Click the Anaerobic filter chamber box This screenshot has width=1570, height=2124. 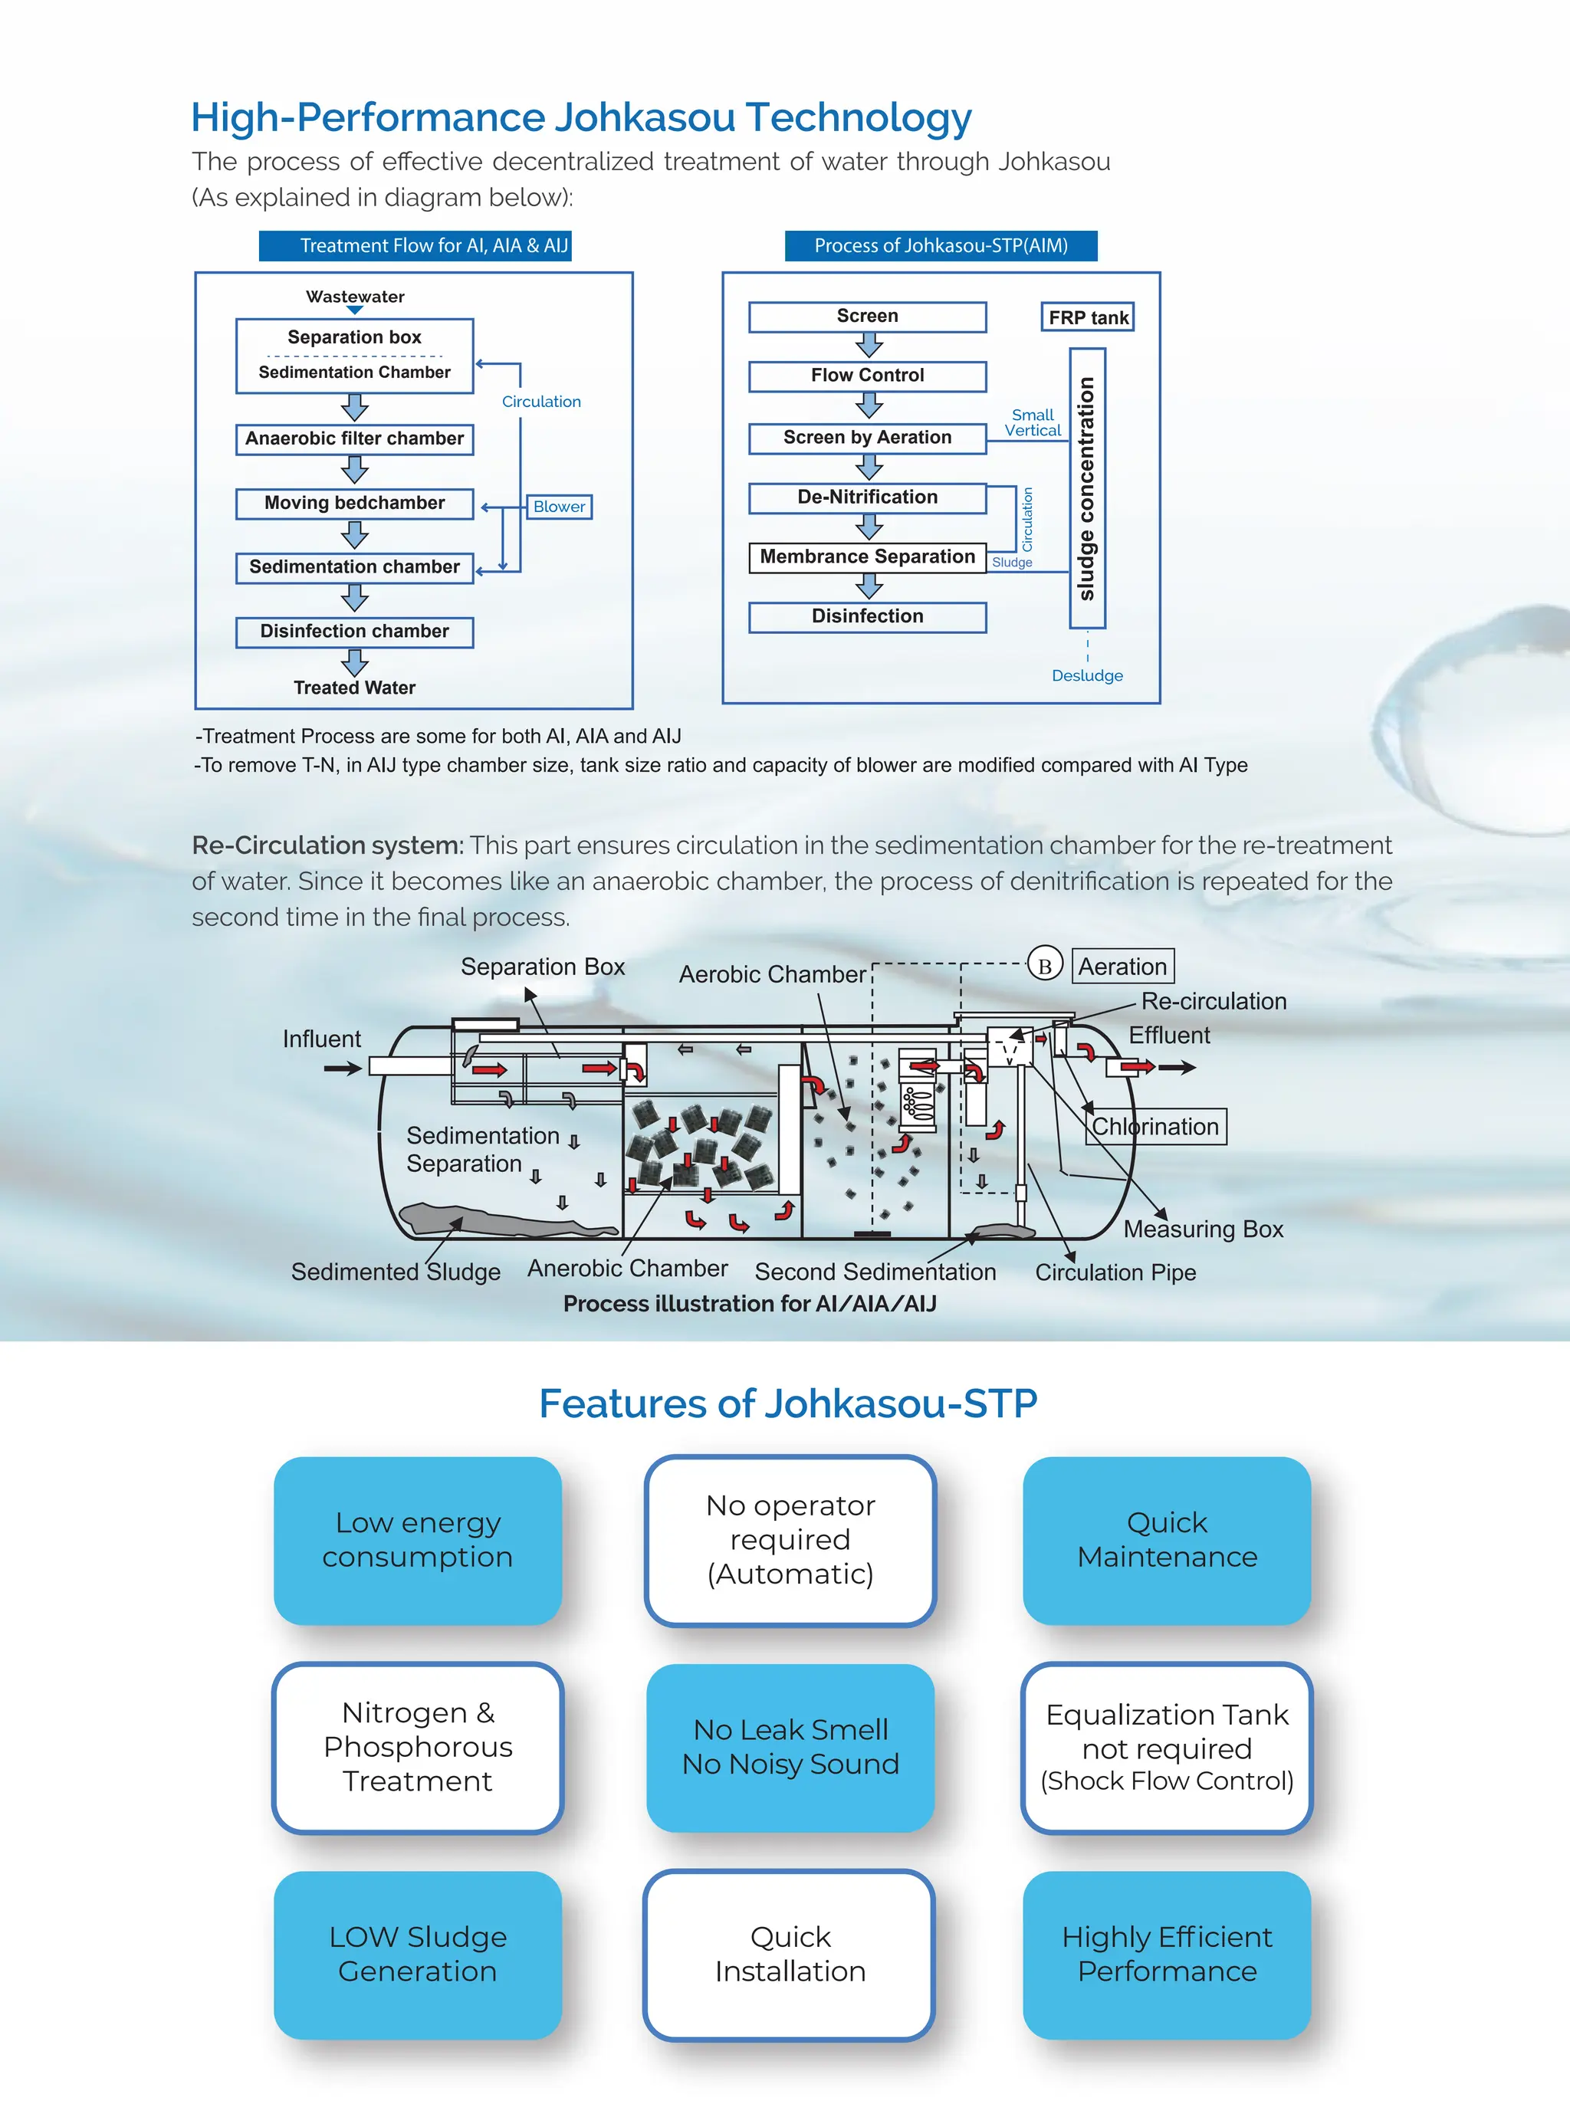coord(354,439)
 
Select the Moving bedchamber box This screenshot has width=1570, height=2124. coord(354,504)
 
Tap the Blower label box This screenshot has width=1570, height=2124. coord(559,507)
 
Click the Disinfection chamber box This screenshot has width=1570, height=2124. coord(354,632)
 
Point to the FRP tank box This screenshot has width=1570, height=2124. coord(1088,317)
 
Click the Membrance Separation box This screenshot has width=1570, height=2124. coord(867,557)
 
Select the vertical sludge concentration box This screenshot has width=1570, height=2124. coord(1087,488)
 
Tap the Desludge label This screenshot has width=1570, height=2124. coord(1087,676)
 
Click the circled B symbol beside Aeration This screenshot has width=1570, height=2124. coord(1044,967)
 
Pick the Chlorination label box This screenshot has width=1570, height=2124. coord(1155,1127)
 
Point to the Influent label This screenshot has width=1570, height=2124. coord(321,1039)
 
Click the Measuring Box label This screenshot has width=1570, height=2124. coord(1203,1229)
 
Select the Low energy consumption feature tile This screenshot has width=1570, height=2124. coord(417,1541)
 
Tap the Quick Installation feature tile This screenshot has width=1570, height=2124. coord(790,1955)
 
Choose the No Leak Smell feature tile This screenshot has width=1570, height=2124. coord(790,1748)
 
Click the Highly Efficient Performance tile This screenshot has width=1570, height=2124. coord(1166,1955)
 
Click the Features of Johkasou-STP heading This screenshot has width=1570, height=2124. coord(788,1403)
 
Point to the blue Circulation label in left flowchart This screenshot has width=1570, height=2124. coord(540,402)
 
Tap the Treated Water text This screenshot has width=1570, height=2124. coord(354,688)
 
